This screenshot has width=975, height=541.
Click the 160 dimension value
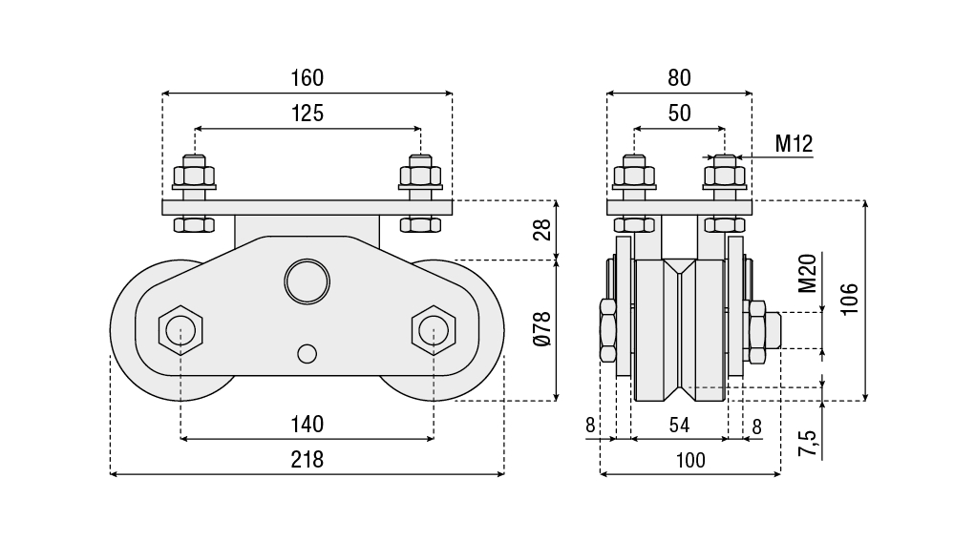(x=307, y=77)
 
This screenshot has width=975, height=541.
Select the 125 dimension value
(x=307, y=113)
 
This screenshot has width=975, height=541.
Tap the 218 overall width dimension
(x=307, y=459)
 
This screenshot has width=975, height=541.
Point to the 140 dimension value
(x=307, y=424)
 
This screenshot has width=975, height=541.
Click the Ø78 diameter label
(x=542, y=329)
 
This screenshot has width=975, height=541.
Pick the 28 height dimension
(x=542, y=230)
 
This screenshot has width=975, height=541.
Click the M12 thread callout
(x=793, y=144)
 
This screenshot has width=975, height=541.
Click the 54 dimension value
(x=679, y=427)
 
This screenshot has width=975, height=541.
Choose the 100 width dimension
(x=689, y=460)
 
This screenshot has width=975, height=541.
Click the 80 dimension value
(x=679, y=77)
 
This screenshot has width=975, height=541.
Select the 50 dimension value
(x=679, y=113)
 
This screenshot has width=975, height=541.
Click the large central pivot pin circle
(x=307, y=281)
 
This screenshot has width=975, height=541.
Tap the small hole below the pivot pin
(x=307, y=353)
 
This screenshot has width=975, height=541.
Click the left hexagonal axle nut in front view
(x=180, y=330)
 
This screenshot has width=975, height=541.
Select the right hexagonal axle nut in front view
(x=434, y=330)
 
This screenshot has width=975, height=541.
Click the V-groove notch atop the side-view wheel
(x=680, y=266)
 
